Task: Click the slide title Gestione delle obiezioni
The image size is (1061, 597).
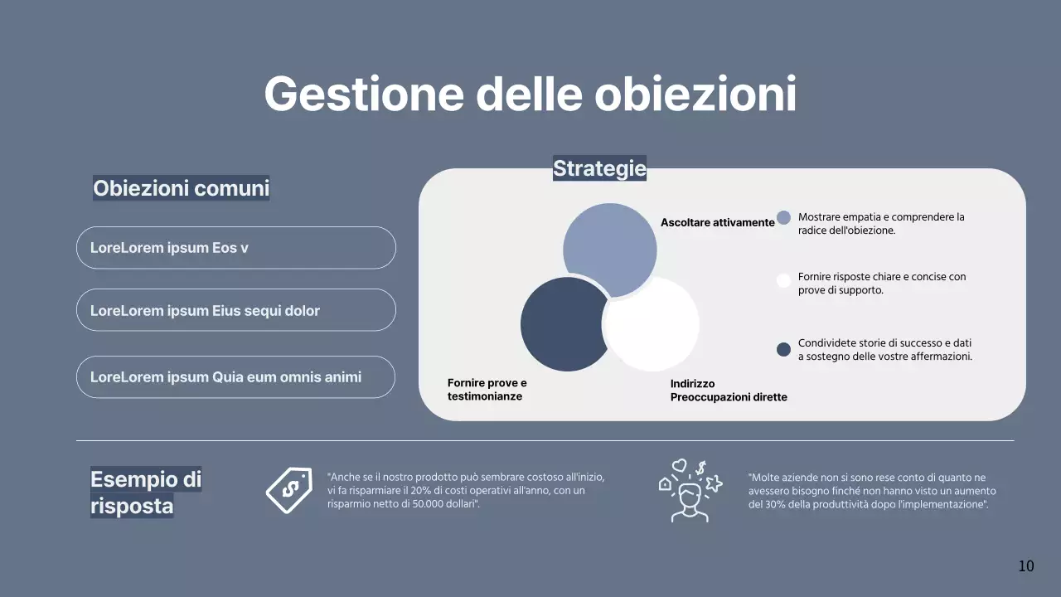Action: click(530, 94)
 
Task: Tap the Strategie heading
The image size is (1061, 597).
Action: click(599, 168)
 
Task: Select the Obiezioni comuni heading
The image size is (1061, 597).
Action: click(181, 188)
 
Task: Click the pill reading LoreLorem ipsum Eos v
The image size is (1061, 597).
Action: click(236, 248)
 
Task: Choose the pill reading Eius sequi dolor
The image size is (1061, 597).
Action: click(236, 310)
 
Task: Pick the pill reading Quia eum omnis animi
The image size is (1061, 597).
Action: click(236, 377)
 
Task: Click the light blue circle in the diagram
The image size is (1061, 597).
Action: click(609, 245)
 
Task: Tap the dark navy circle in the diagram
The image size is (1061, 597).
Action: click(560, 325)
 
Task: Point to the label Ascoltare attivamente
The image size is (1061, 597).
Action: click(717, 222)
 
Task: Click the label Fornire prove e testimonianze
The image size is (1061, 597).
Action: click(487, 390)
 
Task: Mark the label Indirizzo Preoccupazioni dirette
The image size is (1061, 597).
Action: click(729, 391)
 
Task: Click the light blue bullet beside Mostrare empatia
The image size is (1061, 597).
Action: click(783, 218)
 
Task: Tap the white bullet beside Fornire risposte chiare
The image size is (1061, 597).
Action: click(783, 280)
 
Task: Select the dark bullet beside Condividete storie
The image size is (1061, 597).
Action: click(783, 349)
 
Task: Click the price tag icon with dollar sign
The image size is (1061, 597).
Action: click(288, 490)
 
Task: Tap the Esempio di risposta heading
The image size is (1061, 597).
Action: click(146, 493)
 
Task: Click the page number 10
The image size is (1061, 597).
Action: click(1026, 566)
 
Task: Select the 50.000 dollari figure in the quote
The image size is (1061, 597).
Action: click(446, 504)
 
